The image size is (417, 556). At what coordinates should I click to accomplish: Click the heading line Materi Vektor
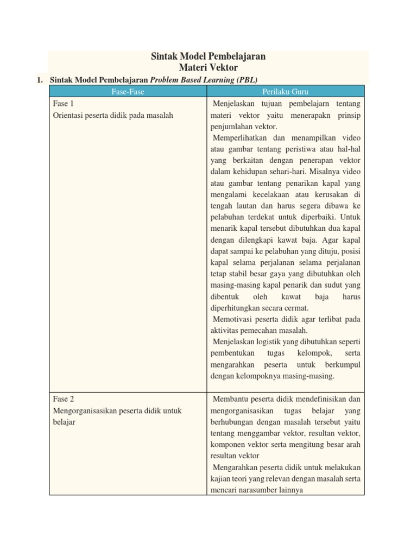208,67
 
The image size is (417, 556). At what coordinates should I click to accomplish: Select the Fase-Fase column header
128,92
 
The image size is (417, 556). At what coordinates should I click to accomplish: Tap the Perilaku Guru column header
285,92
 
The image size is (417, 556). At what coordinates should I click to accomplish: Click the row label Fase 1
63,103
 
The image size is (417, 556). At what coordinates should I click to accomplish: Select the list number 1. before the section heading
40,80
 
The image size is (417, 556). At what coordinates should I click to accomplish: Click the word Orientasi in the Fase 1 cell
69,115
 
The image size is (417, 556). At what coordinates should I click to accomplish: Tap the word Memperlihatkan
239,138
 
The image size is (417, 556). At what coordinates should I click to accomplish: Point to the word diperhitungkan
235,307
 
